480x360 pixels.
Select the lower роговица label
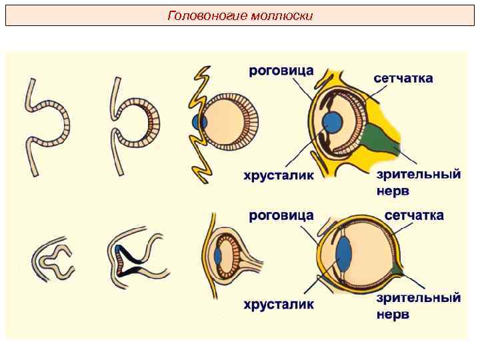tap(281, 215)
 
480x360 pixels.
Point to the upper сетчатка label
tap(403, 78)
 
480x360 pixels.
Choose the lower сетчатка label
tap(414, 215)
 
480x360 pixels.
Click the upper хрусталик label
tap(278, 176)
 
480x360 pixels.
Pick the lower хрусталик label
tap(278, 305)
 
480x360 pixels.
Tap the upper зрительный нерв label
tap(418, 182)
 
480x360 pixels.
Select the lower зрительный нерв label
tap(418, 305)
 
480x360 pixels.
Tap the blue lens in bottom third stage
tap(218, 255)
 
